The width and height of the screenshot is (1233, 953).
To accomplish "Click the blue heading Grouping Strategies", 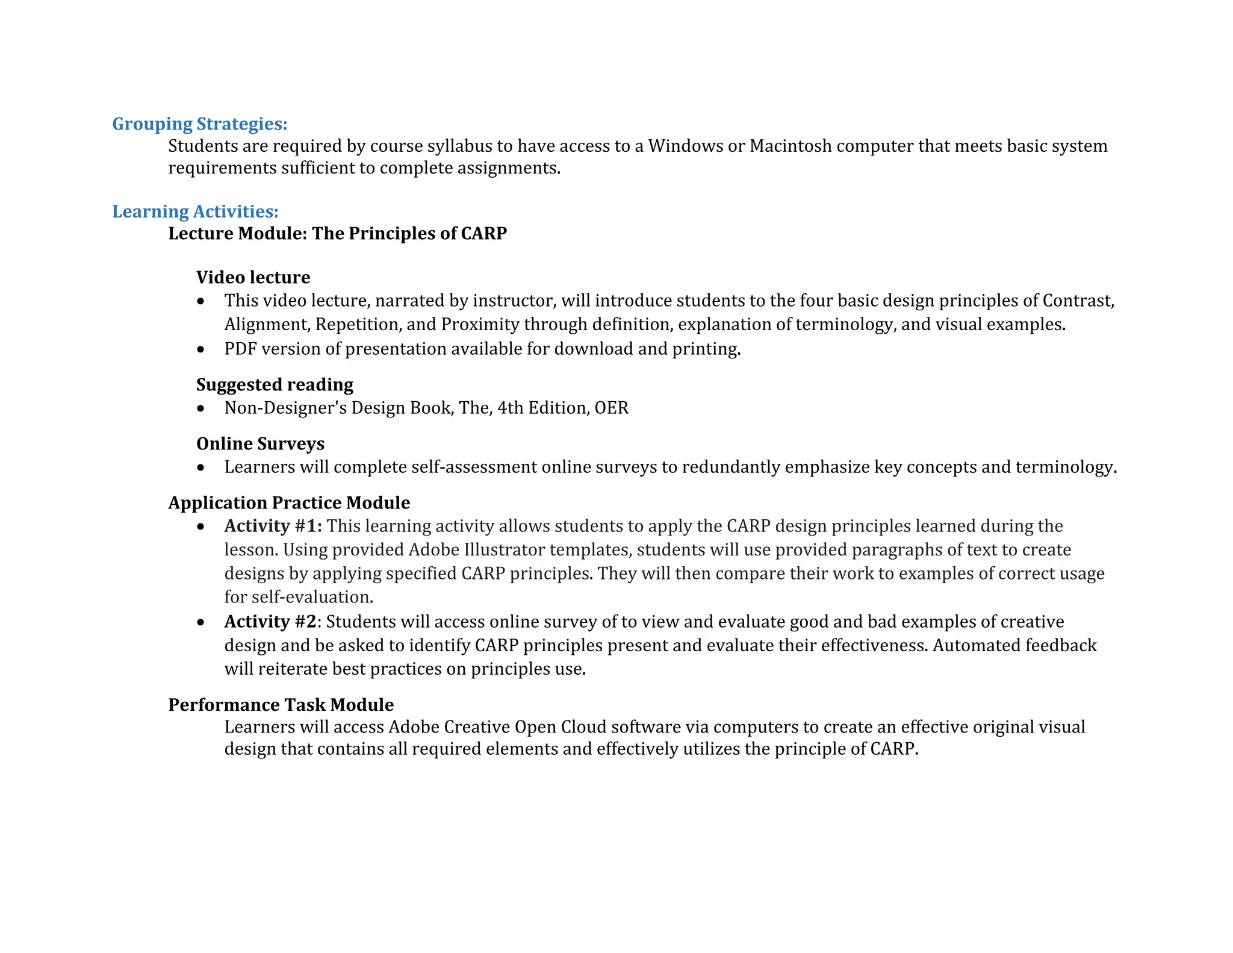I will [199, 124].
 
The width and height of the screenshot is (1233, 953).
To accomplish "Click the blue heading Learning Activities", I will [195, 211].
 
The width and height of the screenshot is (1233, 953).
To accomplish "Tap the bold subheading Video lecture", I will [253, 277].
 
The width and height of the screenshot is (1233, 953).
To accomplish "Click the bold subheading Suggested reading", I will [275, 384].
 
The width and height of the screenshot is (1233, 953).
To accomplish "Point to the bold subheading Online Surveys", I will [260, 443].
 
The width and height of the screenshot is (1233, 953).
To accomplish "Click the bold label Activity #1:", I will [273, 526].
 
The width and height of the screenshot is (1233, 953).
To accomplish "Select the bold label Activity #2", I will [270, 621].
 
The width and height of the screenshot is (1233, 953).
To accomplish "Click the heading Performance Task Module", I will [281, 704].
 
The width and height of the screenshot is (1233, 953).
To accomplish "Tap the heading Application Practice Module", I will [289, 502].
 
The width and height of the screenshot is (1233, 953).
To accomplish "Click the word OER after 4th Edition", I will [611, 408].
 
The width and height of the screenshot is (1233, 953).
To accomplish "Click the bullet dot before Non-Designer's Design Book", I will [200, 409].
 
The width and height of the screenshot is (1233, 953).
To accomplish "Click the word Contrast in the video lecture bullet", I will [1078, 301].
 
